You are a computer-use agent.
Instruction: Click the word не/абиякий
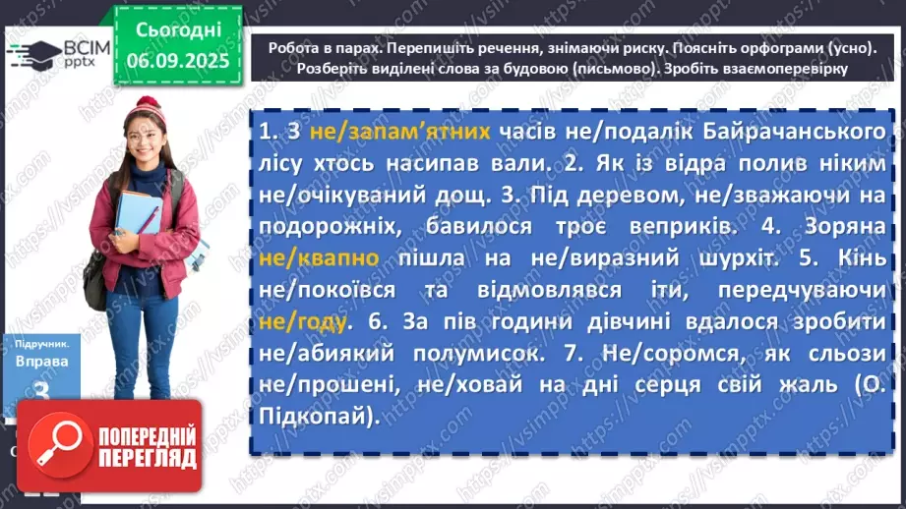(327, 355)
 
